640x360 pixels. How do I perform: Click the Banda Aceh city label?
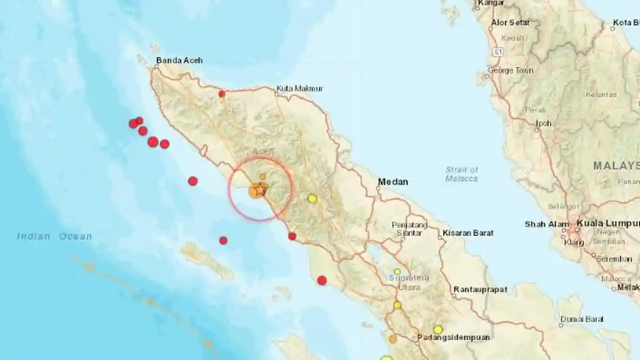coord(179,61)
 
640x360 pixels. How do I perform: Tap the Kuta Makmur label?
coord(299,89)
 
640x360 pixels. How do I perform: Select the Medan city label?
coord(393,182)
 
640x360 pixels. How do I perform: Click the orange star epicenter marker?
coord(259,189)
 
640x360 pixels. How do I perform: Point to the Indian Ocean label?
coord(54,236)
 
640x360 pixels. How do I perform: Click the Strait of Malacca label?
coord(462,174)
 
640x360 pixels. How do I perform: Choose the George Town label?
coord(510,70)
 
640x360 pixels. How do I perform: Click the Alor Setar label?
coord(510,23)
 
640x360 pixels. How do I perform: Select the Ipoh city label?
coord(543,123)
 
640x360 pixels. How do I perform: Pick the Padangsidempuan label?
coord(453,337)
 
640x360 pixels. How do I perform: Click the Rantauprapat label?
coord(480,290)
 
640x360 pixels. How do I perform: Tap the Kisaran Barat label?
coord(468,233)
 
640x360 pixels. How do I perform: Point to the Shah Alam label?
coord(542,225)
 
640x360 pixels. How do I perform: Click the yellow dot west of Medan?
coord(313,198)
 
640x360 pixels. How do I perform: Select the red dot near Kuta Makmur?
coord(222,94)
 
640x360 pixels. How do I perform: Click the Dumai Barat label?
coord(582,319)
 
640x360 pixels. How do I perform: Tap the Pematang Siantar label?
coord(410,229)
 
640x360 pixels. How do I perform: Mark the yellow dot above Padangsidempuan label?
coord(438,330)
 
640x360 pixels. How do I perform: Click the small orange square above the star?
coord(262,176)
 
